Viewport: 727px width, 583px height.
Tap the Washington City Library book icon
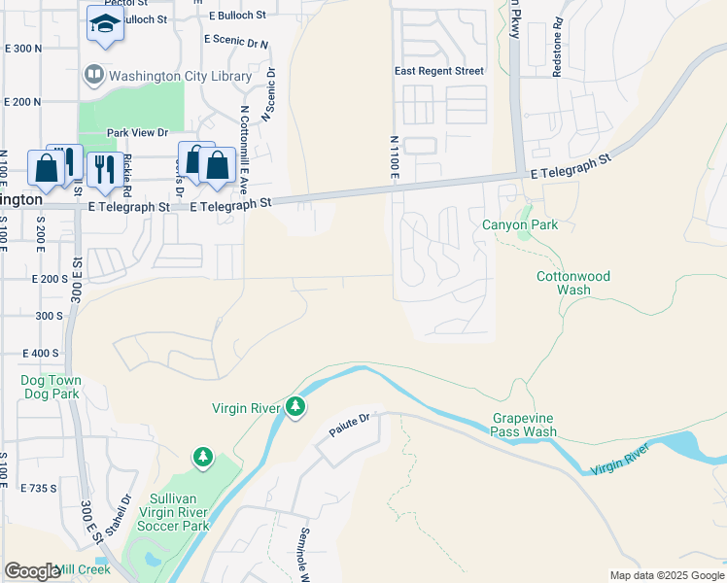93,74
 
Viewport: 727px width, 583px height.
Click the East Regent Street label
438,71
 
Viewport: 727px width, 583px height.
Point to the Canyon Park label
520,225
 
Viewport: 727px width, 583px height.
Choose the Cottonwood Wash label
573,283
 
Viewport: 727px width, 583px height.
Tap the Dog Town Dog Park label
51,387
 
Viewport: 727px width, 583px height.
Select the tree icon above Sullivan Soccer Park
202,458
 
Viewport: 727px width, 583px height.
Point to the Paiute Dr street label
351,424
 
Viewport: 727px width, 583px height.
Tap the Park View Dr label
137,133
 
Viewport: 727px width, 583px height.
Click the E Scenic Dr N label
236,41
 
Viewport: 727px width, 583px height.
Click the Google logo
32,571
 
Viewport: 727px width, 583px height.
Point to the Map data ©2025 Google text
666,575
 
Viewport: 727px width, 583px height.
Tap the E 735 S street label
40,488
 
